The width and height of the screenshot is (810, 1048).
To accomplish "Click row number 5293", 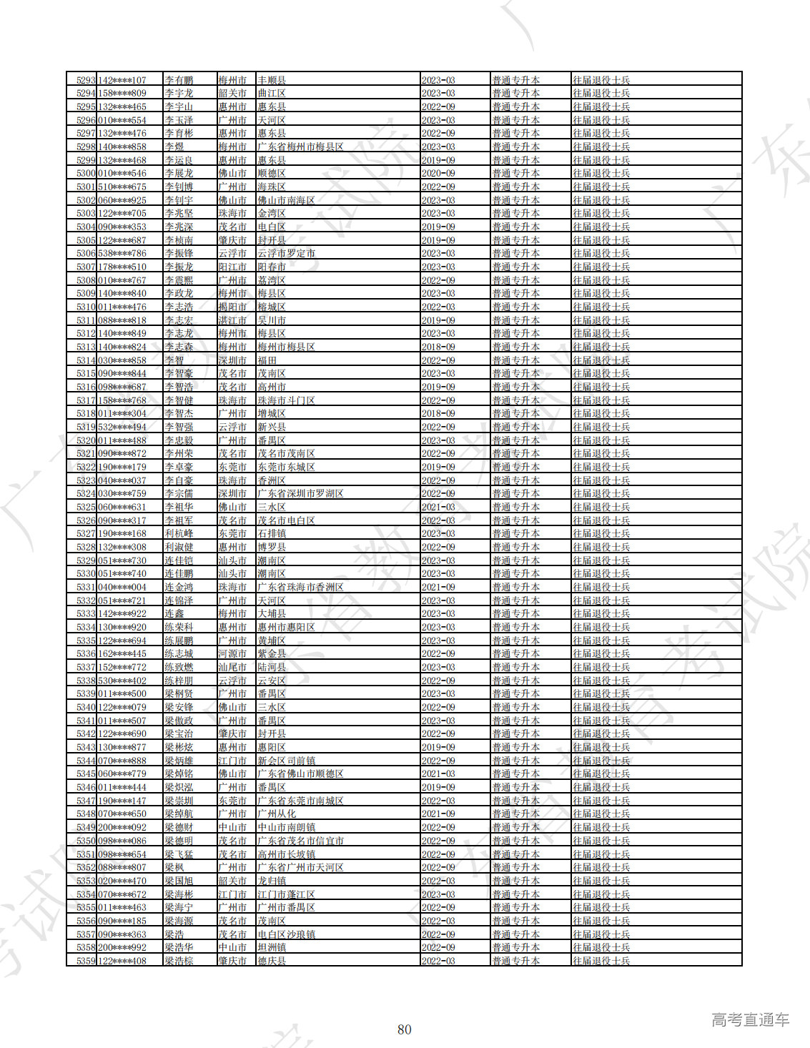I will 86,80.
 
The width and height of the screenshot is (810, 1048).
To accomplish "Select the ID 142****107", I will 122,80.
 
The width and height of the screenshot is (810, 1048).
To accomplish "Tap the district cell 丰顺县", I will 272,80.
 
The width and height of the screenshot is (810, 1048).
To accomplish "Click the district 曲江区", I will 272,94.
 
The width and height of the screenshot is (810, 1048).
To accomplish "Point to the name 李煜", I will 174,147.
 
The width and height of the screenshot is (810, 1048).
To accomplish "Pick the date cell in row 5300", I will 438,174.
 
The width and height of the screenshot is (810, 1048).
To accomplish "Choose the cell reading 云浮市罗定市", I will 286,254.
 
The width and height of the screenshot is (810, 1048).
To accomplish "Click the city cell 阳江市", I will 232,267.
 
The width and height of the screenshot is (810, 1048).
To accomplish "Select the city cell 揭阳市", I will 232,307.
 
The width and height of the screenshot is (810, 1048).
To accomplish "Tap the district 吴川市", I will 272,320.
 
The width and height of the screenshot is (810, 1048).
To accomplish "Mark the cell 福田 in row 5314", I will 267,360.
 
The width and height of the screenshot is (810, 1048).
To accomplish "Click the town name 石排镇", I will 272,534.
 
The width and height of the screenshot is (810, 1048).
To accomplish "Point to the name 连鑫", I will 174,614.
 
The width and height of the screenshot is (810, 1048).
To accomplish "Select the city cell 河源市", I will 232,654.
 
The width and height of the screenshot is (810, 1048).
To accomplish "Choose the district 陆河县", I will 272,667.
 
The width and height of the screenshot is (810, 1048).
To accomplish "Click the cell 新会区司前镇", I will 286,761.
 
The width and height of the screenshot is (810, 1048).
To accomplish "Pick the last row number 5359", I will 86,961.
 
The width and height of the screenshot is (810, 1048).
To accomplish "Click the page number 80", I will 405,1029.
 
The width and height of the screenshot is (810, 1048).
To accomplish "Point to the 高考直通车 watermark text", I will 750,1020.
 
